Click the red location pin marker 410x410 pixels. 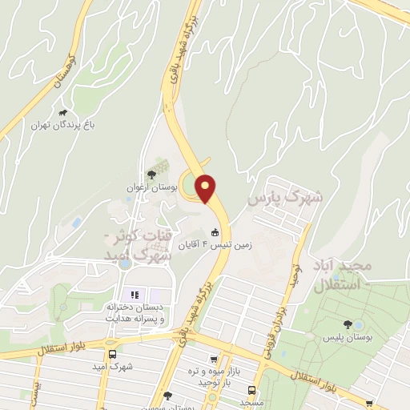[x=206, y=188]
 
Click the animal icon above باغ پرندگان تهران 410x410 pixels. [x=63, y=113]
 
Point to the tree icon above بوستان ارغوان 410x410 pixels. [x=151, y=175]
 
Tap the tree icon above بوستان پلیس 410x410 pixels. [x=348, y=324]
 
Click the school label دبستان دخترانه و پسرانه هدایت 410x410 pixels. [x=135, y=312]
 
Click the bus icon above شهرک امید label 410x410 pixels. [x=113, y=353]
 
